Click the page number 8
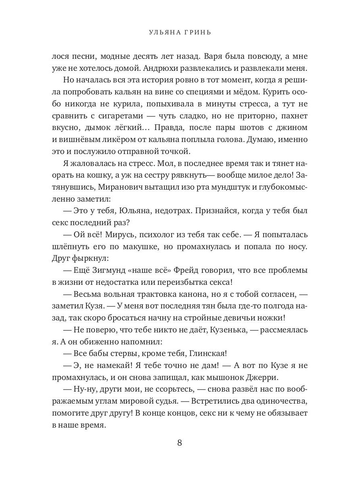pos(180,443)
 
